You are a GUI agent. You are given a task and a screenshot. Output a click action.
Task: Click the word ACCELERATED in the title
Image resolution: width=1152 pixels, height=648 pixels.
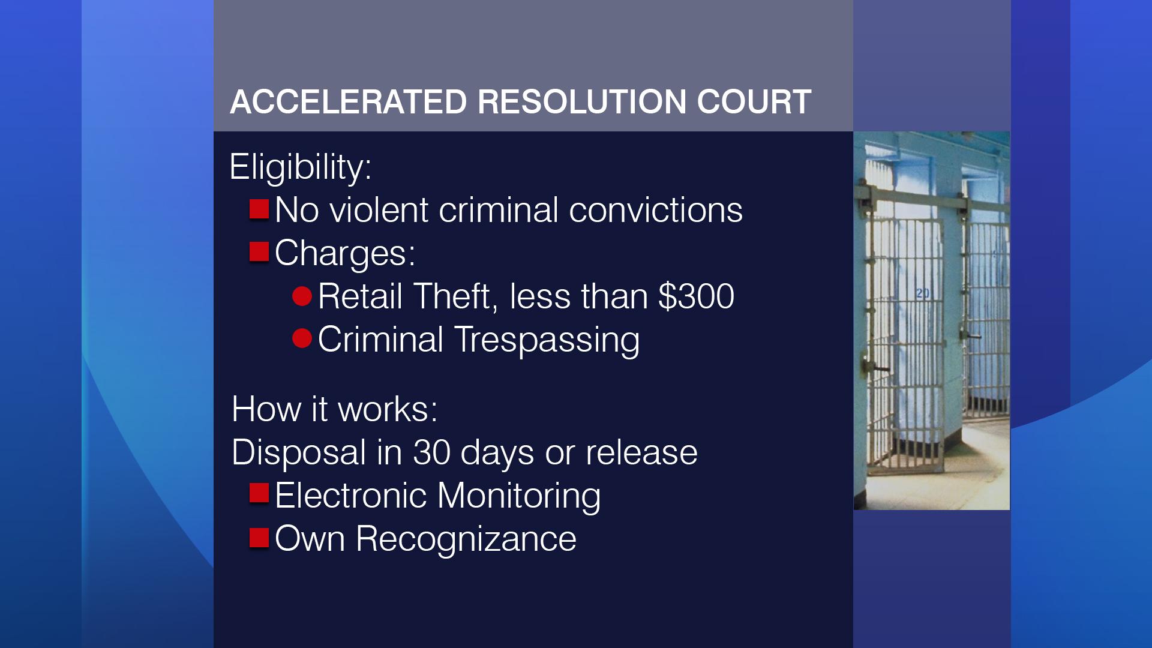(349, 101)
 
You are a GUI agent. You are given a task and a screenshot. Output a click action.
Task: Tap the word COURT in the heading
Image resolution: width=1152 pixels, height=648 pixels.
(754, 101)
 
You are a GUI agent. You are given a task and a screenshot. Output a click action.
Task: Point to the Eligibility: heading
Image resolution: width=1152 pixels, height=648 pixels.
(301, 167)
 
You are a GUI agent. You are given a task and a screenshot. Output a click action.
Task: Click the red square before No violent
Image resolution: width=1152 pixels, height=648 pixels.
(259, 209)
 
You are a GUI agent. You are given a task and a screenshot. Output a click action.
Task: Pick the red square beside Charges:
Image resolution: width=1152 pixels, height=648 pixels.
(259, 253)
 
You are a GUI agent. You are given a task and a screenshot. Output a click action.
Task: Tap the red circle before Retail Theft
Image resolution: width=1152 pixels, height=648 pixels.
(302, 296)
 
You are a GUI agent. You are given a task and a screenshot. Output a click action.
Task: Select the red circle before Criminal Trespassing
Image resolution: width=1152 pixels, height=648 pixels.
(302, 339)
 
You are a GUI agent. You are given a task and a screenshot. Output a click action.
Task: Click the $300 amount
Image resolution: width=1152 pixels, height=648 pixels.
(696, 296)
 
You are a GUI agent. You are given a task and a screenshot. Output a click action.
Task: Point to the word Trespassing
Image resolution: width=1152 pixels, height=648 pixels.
(547, 340)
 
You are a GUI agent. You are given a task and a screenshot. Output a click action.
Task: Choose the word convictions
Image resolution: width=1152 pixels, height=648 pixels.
(656, 210)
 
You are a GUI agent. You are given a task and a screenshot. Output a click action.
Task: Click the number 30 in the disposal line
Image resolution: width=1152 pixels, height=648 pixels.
(431, 452)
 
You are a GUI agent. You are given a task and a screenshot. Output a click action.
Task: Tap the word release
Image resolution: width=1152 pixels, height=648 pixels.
(641, 452)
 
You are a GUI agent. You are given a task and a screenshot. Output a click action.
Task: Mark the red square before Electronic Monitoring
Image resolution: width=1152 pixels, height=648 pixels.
(259, 493)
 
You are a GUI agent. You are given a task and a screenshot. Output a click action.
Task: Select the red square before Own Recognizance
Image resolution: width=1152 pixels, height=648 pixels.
(259, 536)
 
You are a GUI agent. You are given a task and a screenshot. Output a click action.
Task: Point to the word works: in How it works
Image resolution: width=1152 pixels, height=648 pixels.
(388, 409)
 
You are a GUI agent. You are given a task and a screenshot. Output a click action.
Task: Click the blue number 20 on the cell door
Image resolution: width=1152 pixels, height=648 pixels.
(923, 293)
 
